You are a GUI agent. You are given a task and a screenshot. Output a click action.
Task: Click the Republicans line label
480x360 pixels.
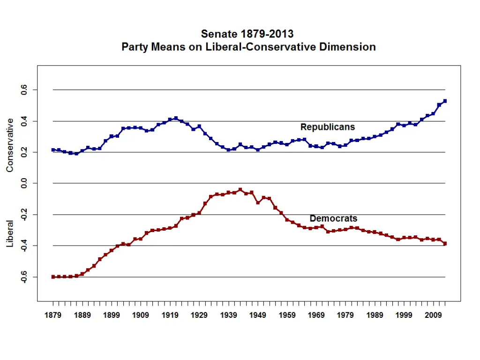(x=328, y=127)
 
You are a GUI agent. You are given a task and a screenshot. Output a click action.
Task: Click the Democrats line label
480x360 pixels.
(x=333, y=218)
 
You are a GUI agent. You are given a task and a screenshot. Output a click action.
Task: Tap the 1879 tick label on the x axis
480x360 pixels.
(x=53, y=315)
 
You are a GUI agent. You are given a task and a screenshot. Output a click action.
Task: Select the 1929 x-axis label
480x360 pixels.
(x=199, y=315)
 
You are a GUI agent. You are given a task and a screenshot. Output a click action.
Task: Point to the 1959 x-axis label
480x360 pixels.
(x=287, y=315)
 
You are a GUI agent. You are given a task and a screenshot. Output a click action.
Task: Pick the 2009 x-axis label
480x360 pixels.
(x=434, y=315)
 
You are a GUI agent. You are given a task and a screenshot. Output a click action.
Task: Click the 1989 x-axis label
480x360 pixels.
(x=375, y=315)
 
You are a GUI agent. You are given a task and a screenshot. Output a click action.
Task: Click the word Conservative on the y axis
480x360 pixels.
(x=10, y=145)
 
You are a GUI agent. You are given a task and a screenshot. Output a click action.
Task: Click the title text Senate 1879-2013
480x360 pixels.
(x=247, y=34)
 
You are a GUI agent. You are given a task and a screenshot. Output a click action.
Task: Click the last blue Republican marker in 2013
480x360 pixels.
(x=445, y=101)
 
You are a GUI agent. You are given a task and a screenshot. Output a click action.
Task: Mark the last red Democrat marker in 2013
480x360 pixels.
(x=445, y=243)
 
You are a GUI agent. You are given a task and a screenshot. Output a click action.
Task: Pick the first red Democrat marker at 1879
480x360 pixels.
(x=53, y=277)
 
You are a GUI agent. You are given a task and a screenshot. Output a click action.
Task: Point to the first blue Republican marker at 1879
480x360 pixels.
(x=53, y=150)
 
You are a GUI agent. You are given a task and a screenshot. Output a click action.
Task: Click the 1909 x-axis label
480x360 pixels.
(x=141, y=315)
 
